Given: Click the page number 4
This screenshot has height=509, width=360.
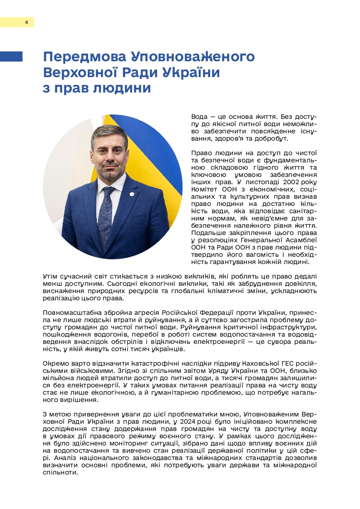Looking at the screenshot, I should [26, 22].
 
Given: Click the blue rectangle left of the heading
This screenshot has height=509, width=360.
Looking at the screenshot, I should [11, 56].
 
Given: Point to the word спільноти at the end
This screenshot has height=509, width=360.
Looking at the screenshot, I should [60, 472].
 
